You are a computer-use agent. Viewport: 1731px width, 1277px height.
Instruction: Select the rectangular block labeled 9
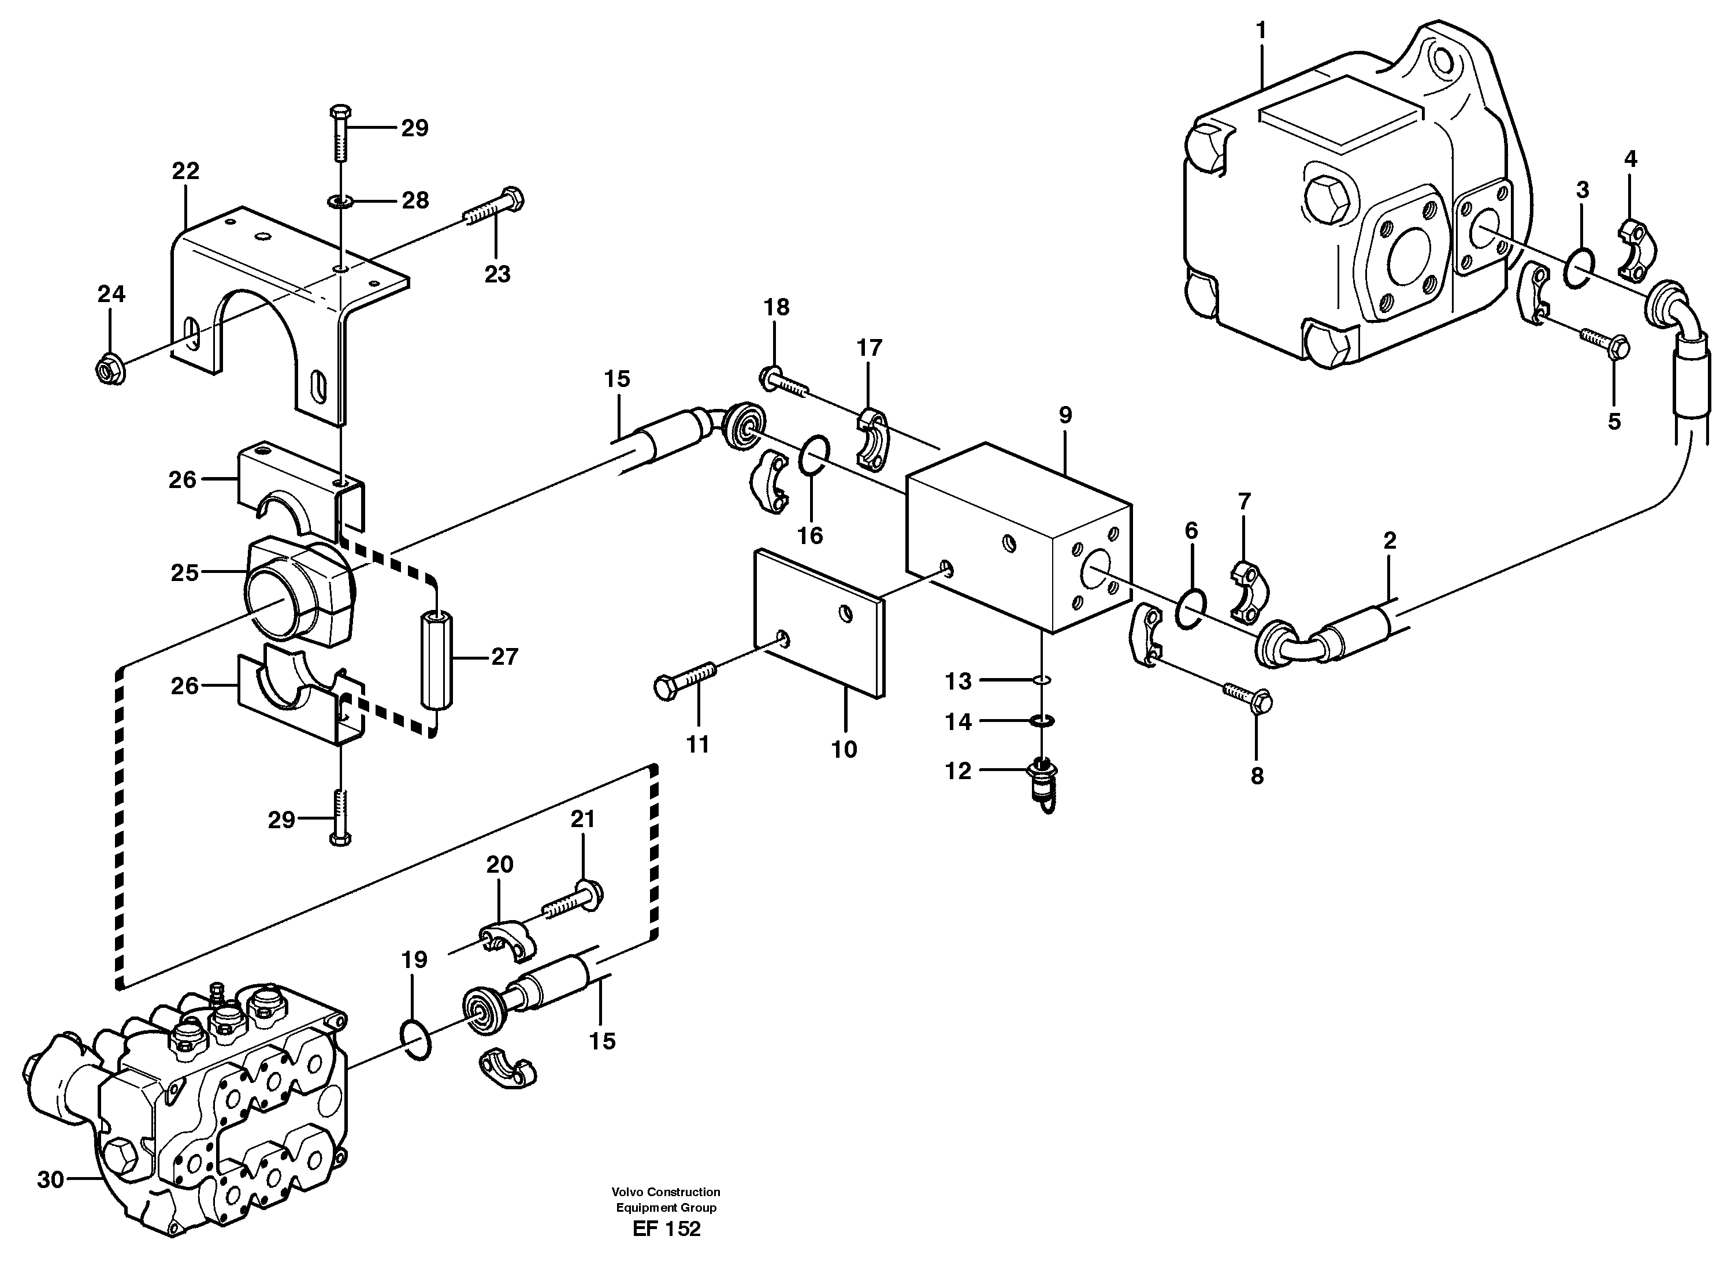(1017, 541)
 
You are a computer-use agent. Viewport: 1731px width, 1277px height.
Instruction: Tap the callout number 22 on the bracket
(185, 171)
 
